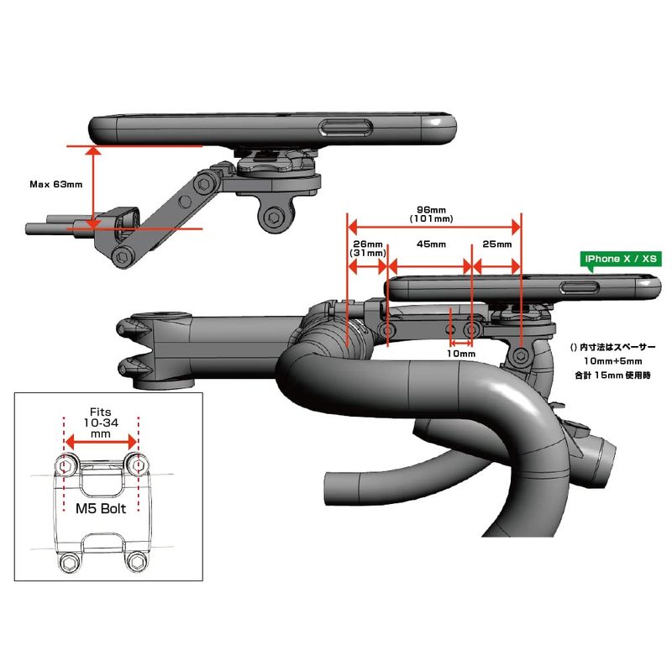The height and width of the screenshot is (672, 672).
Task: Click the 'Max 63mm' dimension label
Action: click(55, 184)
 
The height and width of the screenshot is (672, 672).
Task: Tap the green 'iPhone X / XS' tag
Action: click(621, 259)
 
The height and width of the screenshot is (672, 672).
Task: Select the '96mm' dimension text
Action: click(431, 210)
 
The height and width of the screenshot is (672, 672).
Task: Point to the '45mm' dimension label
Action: click(431, 244)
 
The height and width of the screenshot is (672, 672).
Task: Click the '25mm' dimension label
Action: click(497, 244)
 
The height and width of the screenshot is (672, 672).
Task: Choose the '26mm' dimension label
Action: click(368, 244)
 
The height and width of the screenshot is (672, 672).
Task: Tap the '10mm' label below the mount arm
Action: click(461, 354)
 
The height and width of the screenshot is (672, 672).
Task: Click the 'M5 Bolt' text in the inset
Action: click(101, 509)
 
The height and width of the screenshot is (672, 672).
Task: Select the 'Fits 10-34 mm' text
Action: click(100, 423)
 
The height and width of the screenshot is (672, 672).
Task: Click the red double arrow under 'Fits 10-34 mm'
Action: click(101, 442)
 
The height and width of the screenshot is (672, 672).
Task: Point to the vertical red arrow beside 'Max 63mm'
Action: click(93, 187)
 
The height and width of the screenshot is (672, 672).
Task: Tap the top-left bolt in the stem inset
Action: click(66, 465)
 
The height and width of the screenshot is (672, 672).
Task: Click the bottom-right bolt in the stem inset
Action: click(137, 562)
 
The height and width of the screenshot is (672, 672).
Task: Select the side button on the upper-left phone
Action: click(346, 129)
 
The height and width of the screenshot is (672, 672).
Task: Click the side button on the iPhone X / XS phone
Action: click(580, 287)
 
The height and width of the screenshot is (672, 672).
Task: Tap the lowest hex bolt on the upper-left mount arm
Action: click(122, 257)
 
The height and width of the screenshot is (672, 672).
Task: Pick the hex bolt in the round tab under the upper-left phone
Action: click(274, 218)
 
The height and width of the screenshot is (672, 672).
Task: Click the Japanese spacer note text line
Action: click(613, 347)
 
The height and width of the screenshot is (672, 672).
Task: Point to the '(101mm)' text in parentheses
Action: click(431, 219)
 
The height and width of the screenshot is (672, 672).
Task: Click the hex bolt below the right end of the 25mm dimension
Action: click(521, 355)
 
